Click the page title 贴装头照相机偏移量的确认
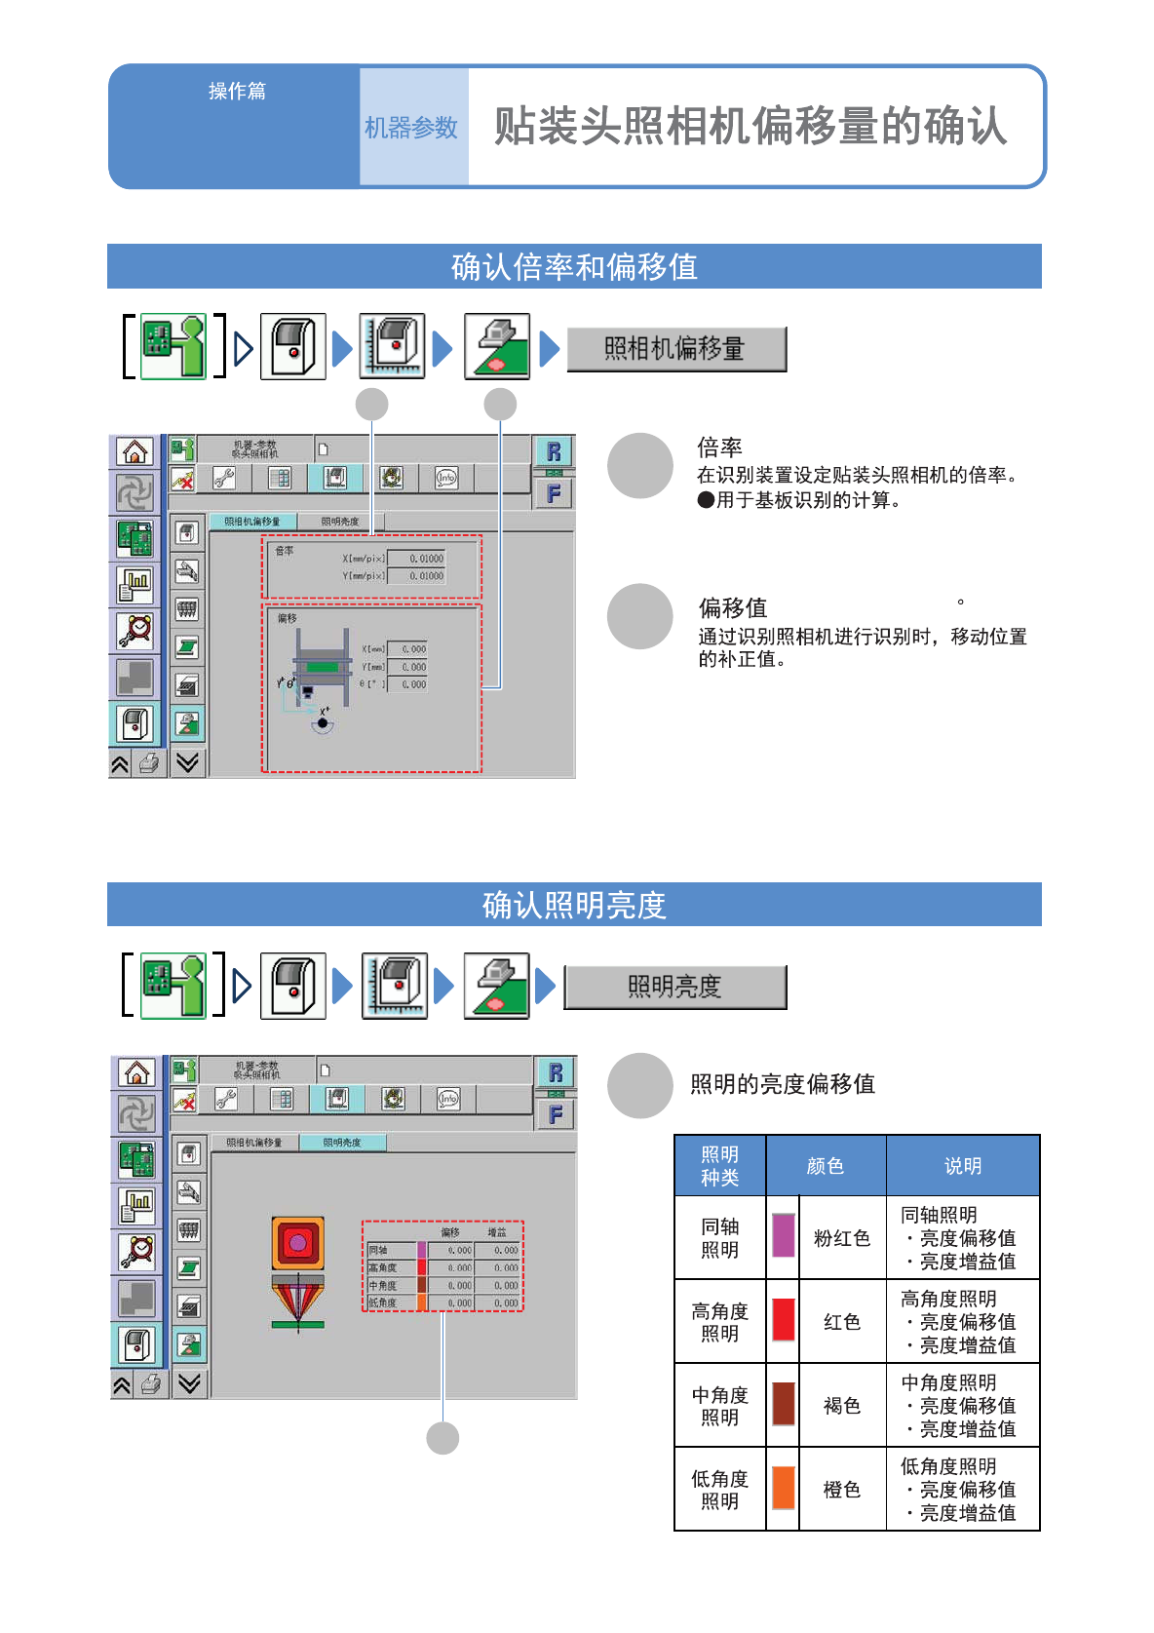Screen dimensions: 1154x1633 pyautogui.click(x=750, y=127)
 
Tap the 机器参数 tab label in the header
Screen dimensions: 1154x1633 pyautogui.click(x=411, y=128)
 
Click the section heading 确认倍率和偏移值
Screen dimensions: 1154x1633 pyautogui.click(x=574, y=266)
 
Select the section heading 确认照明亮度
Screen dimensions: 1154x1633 pyautogui.click(x=574, y=905)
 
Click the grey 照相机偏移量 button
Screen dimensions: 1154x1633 pyautogui.click(x=675, y=349)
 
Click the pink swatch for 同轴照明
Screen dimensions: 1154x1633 pyautogui.click(x=783, y=1235)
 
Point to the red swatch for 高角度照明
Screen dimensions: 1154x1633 pyautogui.click(x=783, y=1320)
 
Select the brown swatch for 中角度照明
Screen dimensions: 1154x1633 pyautogui.click(x=783, y=1404)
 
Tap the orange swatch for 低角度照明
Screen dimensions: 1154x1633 pyautogui.click(x=783, y=1488)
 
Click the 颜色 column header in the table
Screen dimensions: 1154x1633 pyautogui.click(x=826, y=1166)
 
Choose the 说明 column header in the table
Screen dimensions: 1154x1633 pyautogui.click(x=963, y=1166)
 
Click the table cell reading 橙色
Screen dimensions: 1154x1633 pyautogui.click(x=842, y=1490)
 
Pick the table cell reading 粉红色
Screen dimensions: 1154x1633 pyautogui.click(x=842, y=1238)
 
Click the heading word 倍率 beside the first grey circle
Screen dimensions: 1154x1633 pyautogui.click(x=719, y=447)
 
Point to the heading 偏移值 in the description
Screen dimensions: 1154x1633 pyautogui.click(x=733, y=608)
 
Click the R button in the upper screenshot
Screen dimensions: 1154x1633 pyautogui.click(x=554, y=451)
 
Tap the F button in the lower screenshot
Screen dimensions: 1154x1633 pyautogui.click(x=556, y=1114)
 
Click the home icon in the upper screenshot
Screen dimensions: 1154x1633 pyautogui.click(x=135, y=451)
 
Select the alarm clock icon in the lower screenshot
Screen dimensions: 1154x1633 pyautogui.click(x=137, y=1251)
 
